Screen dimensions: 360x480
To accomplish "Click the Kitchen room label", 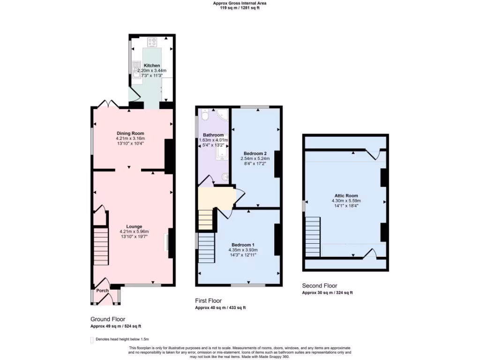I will point(151,65).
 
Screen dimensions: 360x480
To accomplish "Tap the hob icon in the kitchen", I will point(152,43).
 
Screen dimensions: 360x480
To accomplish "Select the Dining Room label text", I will point(130,133).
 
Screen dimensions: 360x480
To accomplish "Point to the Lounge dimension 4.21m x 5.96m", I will point(134,232).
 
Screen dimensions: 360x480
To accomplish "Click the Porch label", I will point(102,291).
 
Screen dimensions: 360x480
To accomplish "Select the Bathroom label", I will point(213,135).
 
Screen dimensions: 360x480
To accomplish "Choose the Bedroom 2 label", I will point(255,153).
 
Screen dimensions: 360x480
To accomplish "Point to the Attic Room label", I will point(346,195).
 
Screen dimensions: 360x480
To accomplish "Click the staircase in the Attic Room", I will point(313,237).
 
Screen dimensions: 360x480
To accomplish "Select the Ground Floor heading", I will point(108,319).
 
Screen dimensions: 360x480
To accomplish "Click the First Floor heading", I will point(208,300).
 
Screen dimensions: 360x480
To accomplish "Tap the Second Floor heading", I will point(319,285).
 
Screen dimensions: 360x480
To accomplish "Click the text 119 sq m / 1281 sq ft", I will point(240,8).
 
